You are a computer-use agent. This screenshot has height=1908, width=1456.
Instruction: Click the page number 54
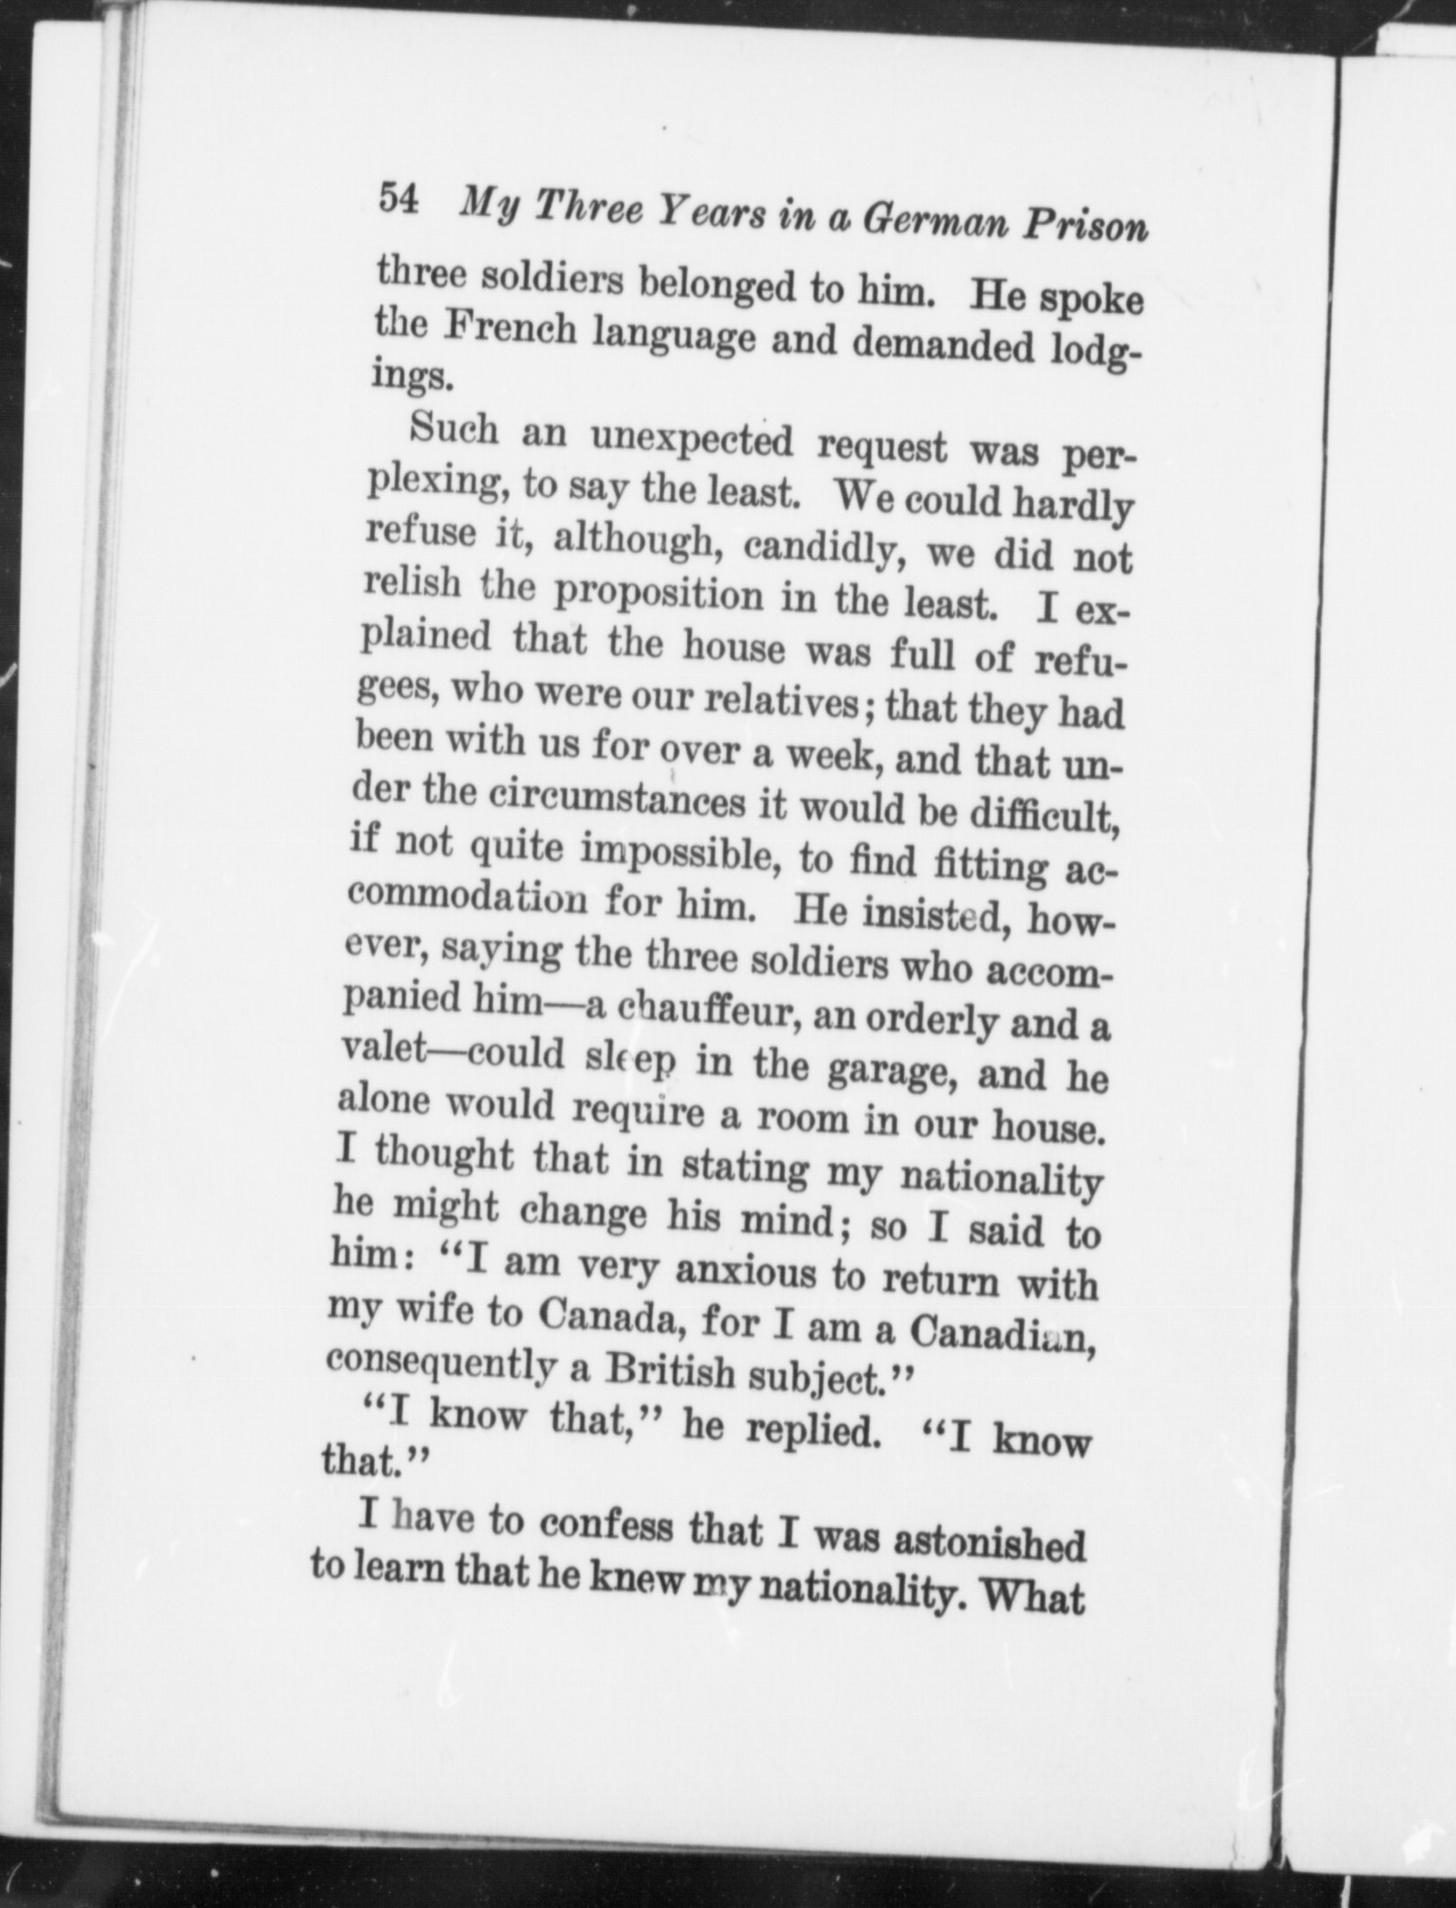pyautogui.click(x=398, y=198)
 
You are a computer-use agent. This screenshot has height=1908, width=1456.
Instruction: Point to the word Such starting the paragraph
pyautogui.click(x=454, y=431)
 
